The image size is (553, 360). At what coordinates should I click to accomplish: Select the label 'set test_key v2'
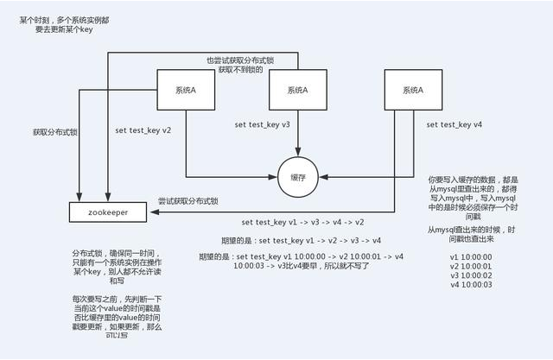pos(143,130)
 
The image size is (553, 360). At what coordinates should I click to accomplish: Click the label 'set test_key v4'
pos(454,124)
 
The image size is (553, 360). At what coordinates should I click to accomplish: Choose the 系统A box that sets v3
pos(296,90)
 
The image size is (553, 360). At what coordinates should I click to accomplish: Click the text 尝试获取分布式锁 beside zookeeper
pos(188,201)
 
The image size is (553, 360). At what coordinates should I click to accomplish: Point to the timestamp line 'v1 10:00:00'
pos(471,256)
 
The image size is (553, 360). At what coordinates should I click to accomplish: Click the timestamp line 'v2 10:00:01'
pos(471,266)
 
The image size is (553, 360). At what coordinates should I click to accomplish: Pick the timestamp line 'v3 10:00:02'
pos(471,275)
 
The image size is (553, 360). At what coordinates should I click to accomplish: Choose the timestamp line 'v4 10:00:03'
pos(471,285)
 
